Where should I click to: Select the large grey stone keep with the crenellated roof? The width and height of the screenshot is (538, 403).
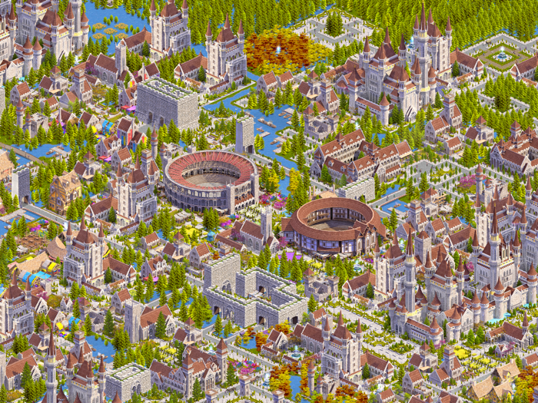(168, 102)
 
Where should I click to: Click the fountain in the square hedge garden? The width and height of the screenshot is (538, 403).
(503, 55)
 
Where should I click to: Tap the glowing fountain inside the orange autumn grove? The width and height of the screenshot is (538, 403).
(278, 49)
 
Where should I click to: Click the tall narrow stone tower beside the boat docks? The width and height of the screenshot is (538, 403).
(245, 135)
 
